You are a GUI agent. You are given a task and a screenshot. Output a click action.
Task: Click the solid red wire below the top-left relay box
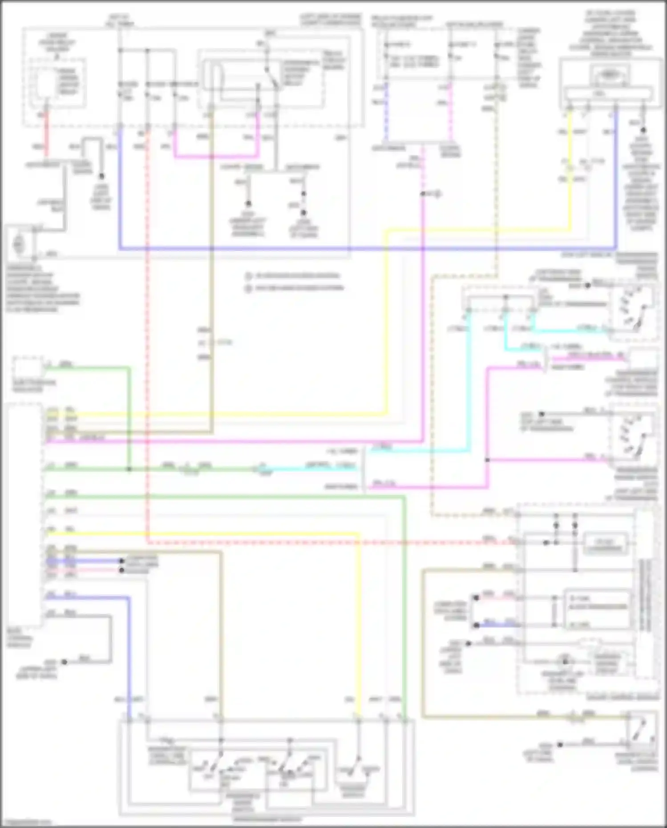[46, 129]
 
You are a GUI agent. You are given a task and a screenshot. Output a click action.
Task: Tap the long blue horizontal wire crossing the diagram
[365, 248]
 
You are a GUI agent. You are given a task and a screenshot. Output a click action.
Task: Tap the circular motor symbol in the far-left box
[19, 244]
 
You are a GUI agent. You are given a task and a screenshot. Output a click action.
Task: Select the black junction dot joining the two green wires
[129, 469]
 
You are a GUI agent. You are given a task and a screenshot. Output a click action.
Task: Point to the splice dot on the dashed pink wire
[423, 194]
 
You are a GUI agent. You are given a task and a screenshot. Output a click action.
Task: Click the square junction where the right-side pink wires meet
[488, 460]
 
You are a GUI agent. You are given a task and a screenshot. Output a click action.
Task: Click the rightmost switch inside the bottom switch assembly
[358, 770]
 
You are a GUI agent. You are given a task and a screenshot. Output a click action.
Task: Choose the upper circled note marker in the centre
[249, 276]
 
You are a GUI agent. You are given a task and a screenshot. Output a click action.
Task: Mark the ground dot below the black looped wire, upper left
[101, 177]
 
